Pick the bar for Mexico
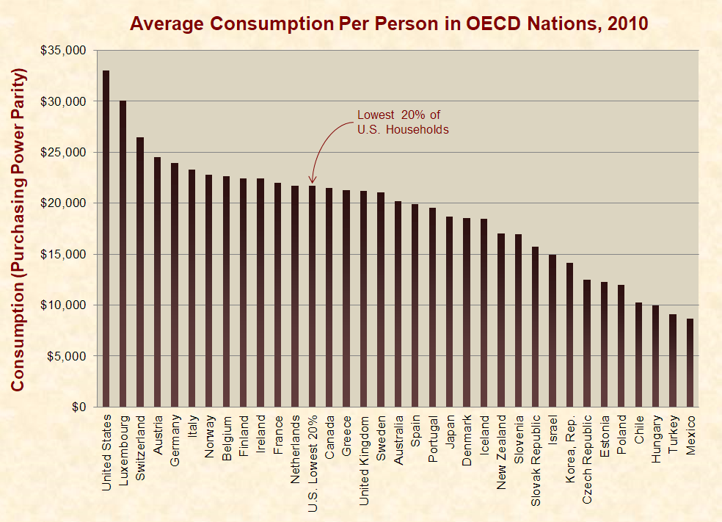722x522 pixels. point(690,363)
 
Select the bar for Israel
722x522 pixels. point(553,330)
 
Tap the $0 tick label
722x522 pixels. point(76,407)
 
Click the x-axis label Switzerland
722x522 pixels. point(141,440)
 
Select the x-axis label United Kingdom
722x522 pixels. point(364,451)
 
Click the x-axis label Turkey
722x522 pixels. point(673,432)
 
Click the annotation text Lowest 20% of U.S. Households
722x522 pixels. point(403,122)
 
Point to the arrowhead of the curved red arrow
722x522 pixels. point(312,181)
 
